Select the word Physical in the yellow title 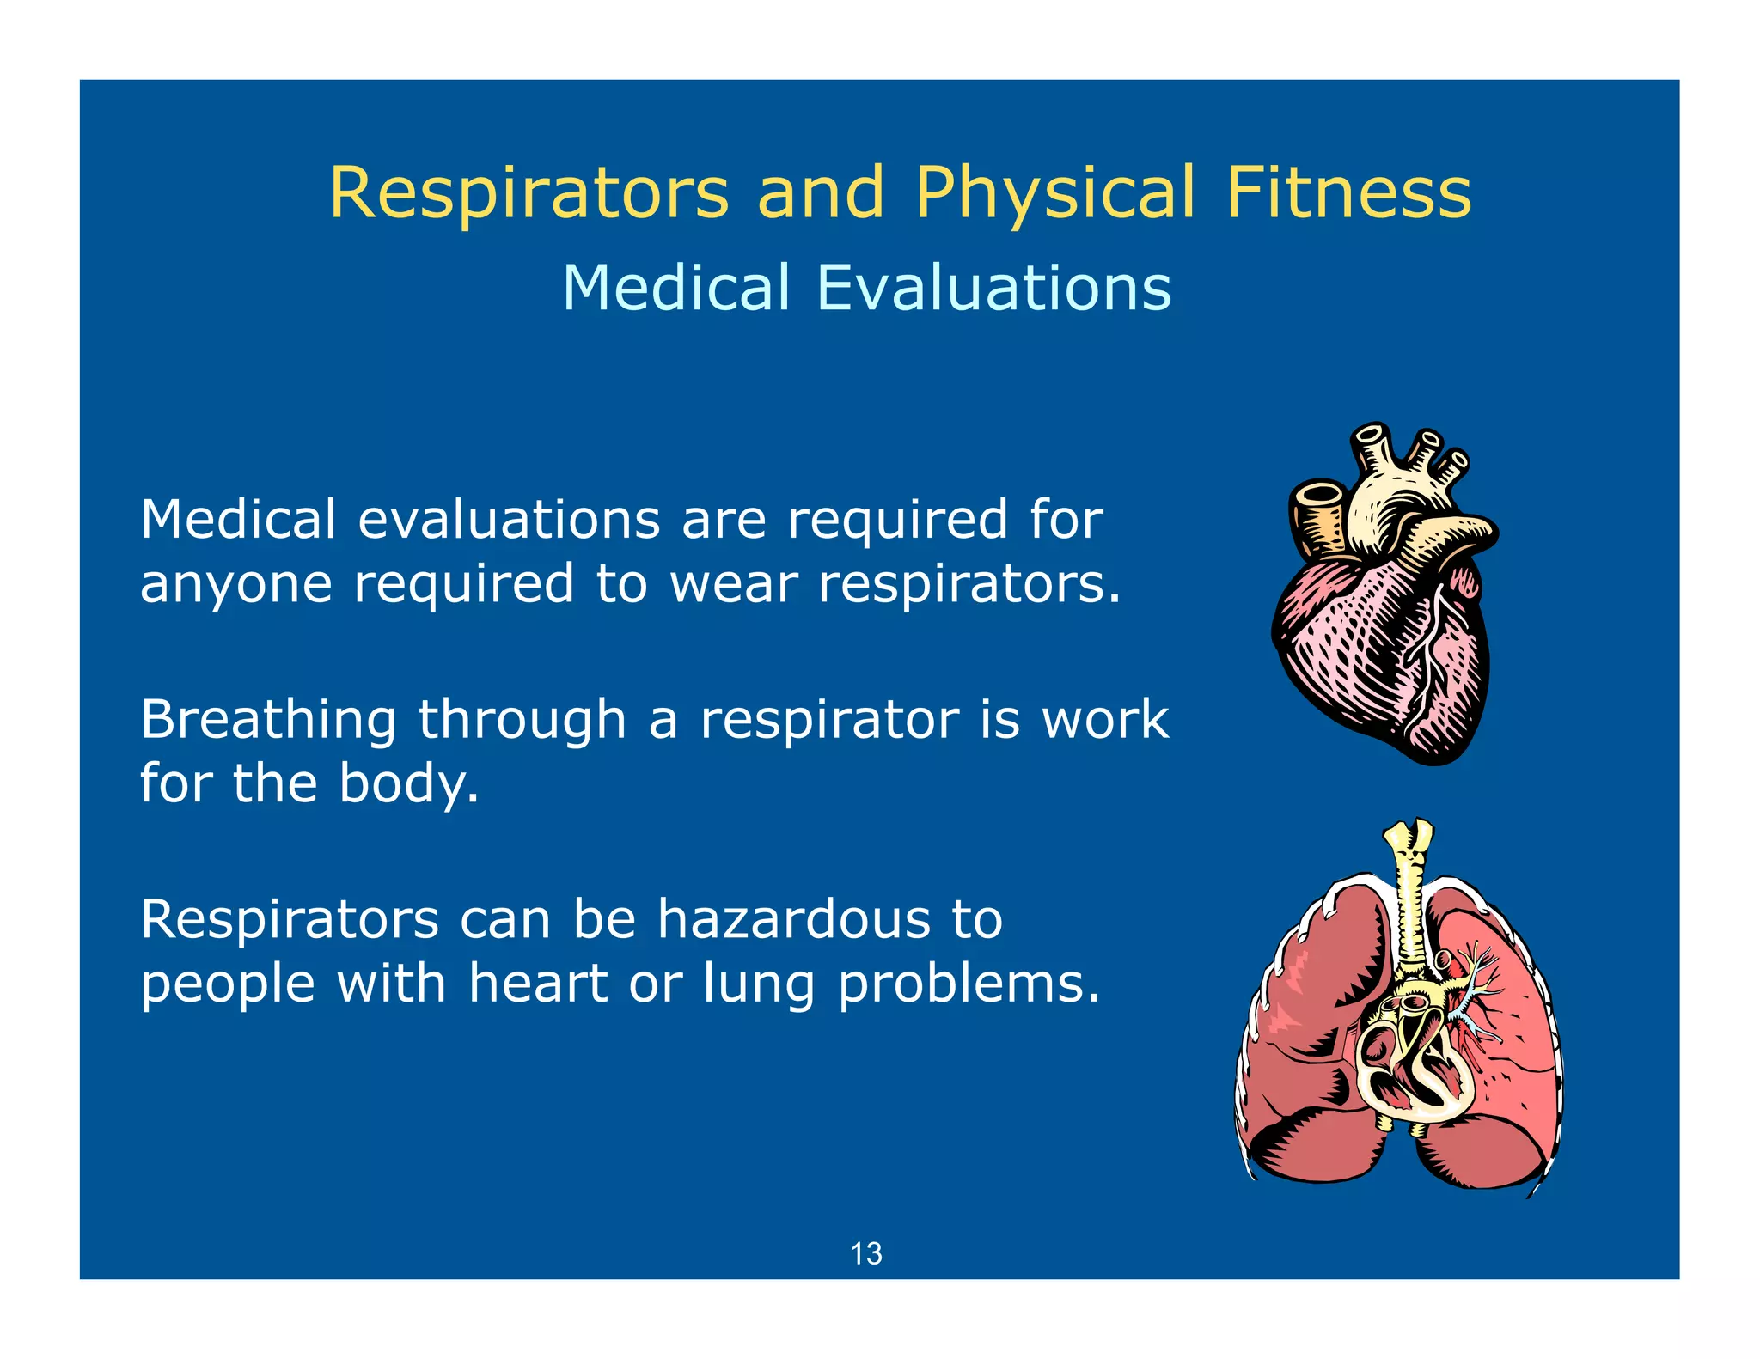(1054, 193)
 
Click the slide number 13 (865, 1254)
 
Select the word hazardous (794, 919)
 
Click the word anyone (236, 586)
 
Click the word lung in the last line (759, 984)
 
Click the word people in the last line (228, 984)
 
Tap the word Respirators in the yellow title (529, 193)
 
